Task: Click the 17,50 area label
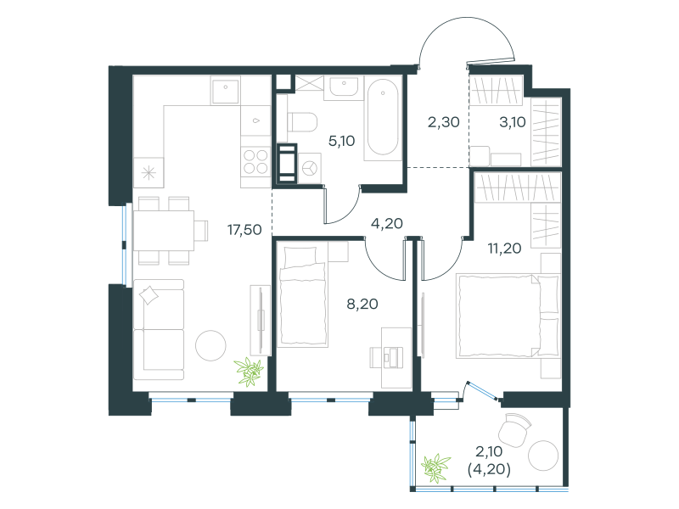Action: [244, 230]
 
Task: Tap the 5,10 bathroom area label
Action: [342, 141]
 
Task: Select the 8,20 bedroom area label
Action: [362, 304]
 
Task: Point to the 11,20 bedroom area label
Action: [504, 249]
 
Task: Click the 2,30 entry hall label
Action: [443, 122]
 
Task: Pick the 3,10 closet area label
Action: [513, 122]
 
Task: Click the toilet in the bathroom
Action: [302, 122]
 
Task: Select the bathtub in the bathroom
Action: [383, 117]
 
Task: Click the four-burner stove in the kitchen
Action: [255, 161]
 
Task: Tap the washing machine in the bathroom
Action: [310, 168]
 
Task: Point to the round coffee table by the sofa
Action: [210, 345]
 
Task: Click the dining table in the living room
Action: [163, 230]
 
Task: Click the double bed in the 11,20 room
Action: [508, 316]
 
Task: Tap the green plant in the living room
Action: [249, 372]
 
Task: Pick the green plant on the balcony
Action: [435, 467]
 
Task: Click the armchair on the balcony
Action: [514, 430]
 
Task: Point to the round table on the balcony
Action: [543, 456]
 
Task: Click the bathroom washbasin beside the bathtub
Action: [344, 87]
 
